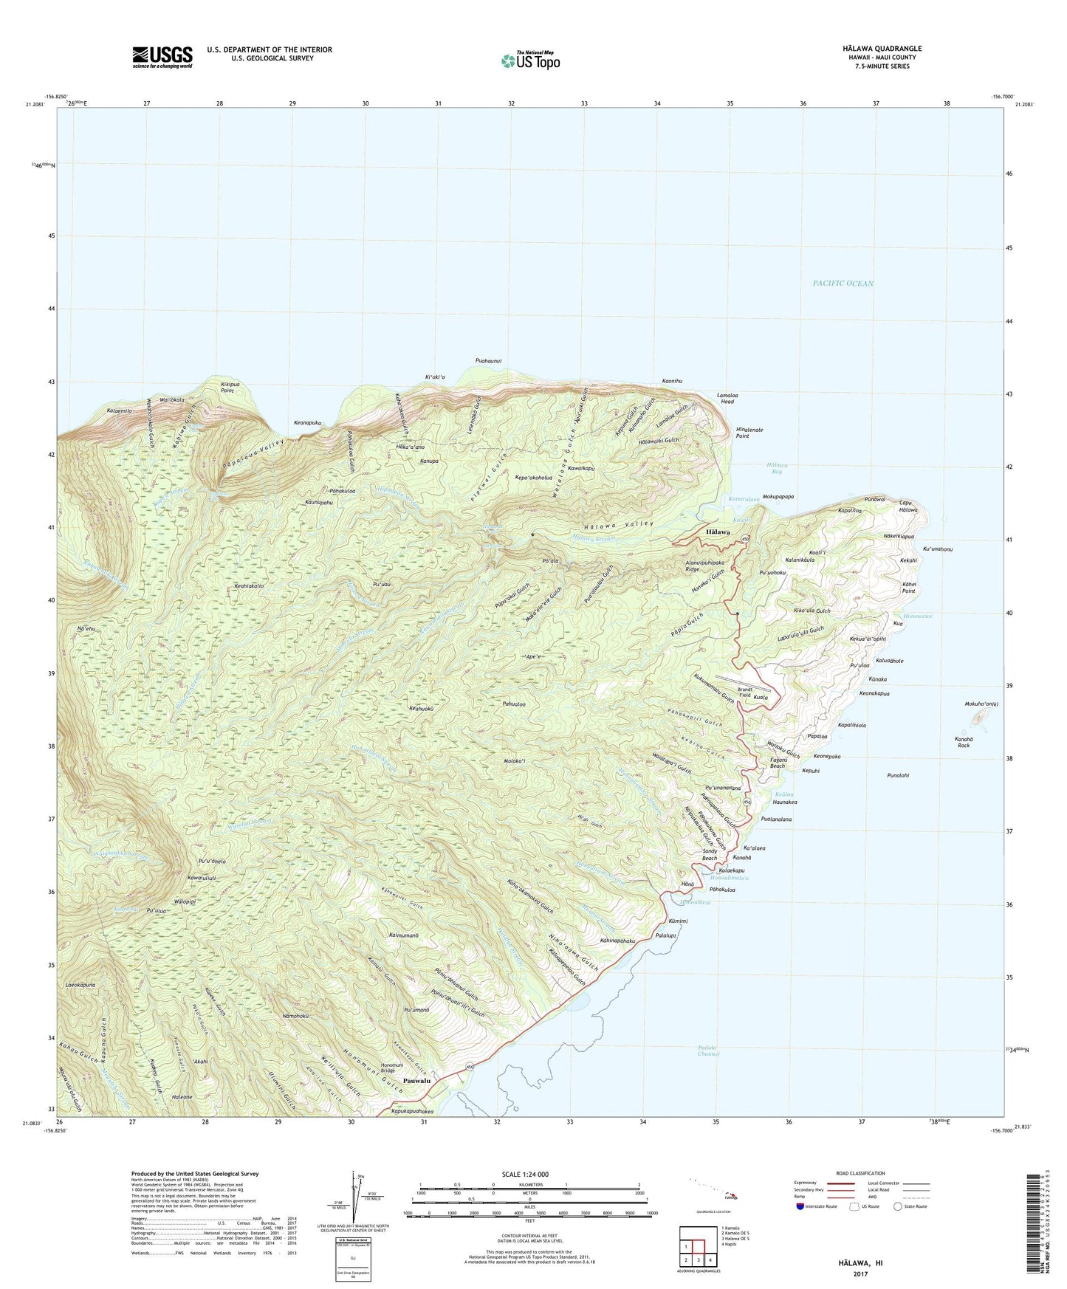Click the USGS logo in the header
[162, 56]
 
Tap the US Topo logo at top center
[529, 60]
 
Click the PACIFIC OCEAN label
[843, 283]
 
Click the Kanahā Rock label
[962, 742]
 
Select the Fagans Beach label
[777, 763]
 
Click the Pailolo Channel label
[707, 1051]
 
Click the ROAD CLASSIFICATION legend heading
[860, 1173]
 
